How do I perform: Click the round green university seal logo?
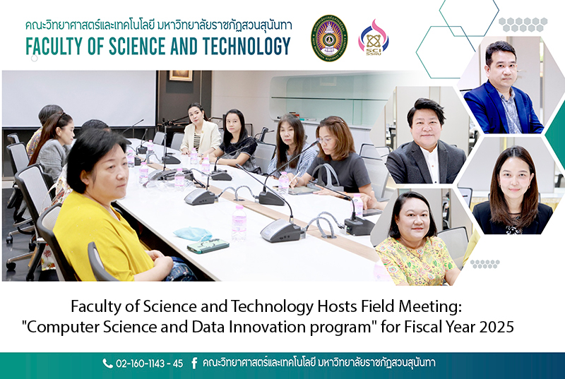pos(329,38)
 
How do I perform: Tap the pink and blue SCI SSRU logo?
pos(374,38)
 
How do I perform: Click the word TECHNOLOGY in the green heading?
pos(246,47)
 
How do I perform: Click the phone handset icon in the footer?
pos(107,363)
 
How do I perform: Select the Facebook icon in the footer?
pos(194,363)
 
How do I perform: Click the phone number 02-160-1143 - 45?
pos(149,363)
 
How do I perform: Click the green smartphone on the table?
pos(208,246)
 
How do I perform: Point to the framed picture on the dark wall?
pos(181,76)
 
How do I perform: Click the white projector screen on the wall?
pos(79,98)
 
